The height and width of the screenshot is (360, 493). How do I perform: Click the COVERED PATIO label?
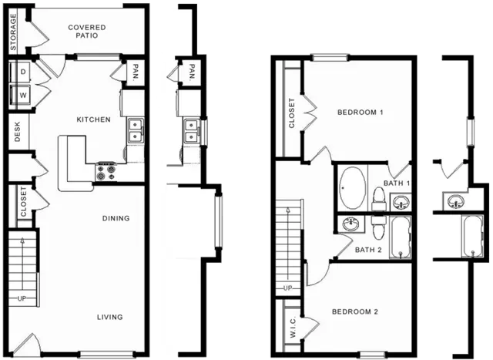coord(87,32)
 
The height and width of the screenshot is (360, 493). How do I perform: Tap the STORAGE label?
coord(13,32)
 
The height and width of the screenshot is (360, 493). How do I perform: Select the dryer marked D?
coord(20,72)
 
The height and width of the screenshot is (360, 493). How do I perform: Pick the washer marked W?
coord(20,95)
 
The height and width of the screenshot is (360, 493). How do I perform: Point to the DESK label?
coord(17,132)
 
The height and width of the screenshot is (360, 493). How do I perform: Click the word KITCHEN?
coord(94,119)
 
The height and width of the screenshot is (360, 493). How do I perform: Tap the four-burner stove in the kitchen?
coord(106,172)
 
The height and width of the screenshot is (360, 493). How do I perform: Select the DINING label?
coord(116,218)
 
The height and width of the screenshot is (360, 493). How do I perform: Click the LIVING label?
coord(109,317)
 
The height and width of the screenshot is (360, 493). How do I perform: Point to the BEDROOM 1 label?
coord(361,113)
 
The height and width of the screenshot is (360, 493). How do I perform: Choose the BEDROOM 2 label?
coord(355,312)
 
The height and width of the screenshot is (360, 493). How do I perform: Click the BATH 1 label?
coord(397,183)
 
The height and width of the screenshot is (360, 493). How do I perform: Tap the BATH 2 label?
coord(368,250)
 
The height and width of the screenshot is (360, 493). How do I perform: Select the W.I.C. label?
coord(293,327)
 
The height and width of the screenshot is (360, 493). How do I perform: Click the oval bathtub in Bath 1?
coord(353,188)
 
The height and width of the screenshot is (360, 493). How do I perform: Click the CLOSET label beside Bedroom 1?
coord(292,113)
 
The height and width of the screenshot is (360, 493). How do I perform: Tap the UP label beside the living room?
coord(22,298)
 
